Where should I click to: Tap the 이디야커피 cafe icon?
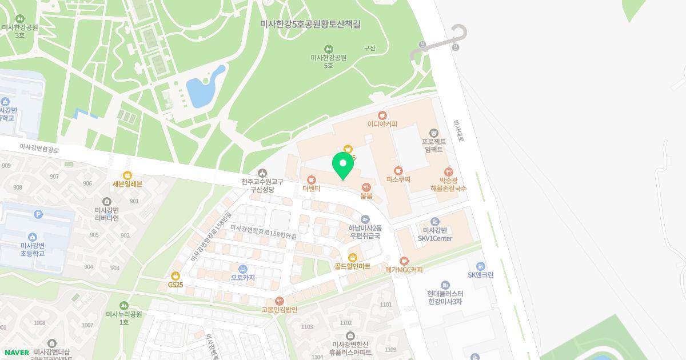382,115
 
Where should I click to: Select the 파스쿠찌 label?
398,179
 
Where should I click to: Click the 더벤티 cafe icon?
312,179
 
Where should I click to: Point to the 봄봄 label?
366,195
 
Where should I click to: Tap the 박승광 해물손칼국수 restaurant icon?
449,171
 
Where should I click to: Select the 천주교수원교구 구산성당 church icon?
262,173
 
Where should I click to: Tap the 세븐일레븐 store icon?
127,175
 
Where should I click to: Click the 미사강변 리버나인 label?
107,214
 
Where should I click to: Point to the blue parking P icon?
39,214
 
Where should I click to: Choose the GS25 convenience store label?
176,284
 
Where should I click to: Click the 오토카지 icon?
243,269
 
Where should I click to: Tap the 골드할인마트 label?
353,266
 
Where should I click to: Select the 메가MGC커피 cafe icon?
404,261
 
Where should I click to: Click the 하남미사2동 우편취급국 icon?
365,219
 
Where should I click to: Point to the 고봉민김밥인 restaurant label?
280,309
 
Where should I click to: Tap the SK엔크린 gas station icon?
480,266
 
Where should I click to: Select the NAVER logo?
16,353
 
